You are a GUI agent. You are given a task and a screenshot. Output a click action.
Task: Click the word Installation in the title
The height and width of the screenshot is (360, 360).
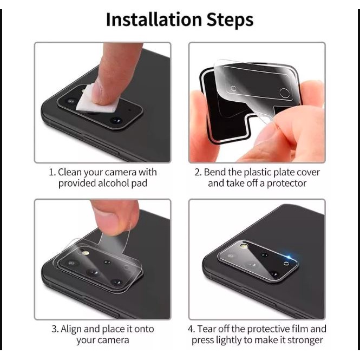pyautogui.click(x=154, y=19)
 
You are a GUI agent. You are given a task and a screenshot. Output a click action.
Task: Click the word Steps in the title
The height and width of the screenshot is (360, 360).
pyautogui.click(x=230, y=20)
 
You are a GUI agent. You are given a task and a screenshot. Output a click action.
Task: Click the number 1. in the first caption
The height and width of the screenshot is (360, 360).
pyautogui.click(x=52, y=172)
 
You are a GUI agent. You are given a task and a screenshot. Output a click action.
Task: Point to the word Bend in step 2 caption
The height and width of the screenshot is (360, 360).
pyautogui.click(x=215, y=172)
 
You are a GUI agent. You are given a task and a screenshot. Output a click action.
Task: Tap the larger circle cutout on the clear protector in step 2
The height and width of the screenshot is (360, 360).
pyautogui.click(x=284, y=93)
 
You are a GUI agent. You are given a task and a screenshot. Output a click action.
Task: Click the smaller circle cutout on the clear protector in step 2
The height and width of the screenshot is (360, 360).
pyautogui.click(x=233, y=88)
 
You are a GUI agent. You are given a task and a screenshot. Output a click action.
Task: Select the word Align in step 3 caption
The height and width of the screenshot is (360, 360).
pyautogui.click(x=71, y=329)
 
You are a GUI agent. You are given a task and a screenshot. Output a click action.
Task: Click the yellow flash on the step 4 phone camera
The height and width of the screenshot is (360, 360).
pyautogui.click(x=244, y=246)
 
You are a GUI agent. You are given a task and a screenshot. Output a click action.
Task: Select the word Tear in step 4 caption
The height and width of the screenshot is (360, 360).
pyautogui.click(x=206, y=329)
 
